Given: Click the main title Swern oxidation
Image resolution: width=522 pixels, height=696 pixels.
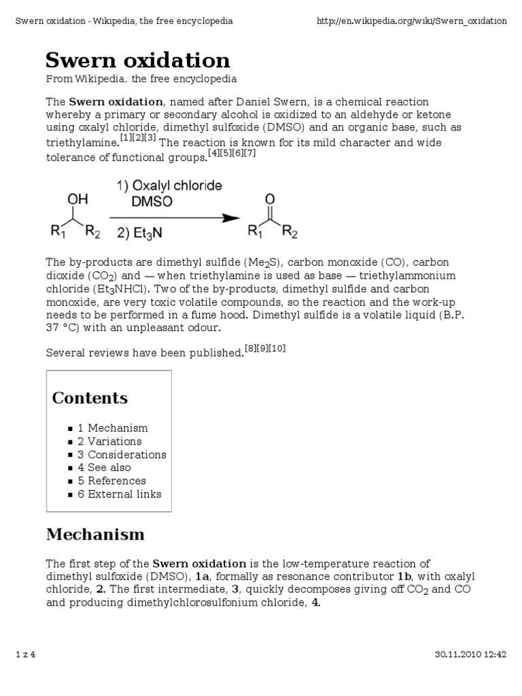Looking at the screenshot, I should pyautogui.click(x=138, y=60).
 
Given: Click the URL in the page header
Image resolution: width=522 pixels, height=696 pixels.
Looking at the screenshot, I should pyautogui.click(x=412, y=21).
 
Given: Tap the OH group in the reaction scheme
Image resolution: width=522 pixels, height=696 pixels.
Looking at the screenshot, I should pyautogui.click(x=77, y=201).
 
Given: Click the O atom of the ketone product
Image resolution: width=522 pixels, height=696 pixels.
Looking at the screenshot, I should pyautogui.click(x=270, y=199).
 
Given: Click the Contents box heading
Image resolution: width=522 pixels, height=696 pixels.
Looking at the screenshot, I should pyautogui.click(x=90, y=398).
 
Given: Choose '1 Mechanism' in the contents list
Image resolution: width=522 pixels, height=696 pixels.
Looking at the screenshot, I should pyautogui.click(x=112, y=428).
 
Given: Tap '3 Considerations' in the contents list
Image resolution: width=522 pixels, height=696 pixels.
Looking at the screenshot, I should pyautogui.click(x=122, y=455).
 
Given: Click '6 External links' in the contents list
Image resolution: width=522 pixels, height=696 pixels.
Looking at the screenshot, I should pyautogui.click(x=119, y=494).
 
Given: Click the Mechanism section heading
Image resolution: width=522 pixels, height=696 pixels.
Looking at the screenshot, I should pyautogui.click(x=95, y=534).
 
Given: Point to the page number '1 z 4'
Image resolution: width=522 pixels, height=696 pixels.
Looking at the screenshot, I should pyautogui.click(x=25, y=655).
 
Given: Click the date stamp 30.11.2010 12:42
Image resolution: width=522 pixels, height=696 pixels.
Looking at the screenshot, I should pyautogui.click(x=470, y=655).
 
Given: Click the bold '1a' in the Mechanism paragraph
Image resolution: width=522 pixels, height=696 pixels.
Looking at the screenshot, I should pyautogui.click(x=203, y=577).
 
